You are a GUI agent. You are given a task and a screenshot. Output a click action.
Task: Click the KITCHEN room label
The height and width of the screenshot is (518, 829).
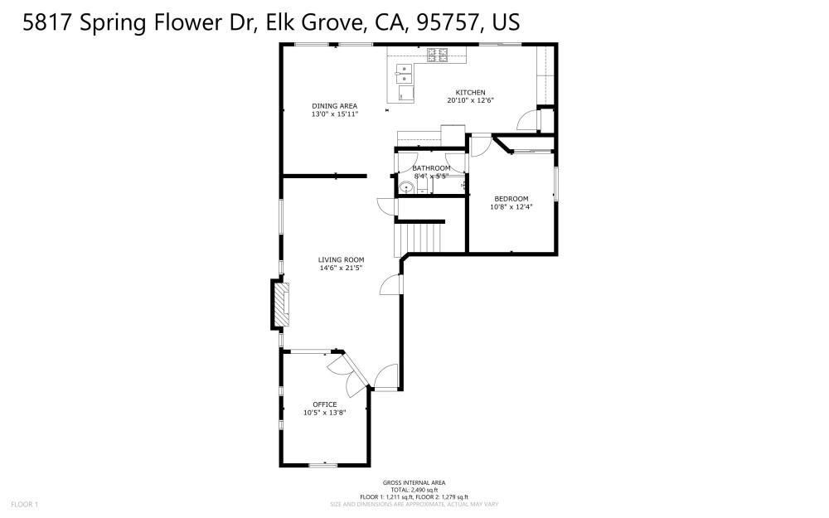click(470, 92)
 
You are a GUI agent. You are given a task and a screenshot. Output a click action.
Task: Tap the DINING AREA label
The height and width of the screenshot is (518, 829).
click(334, 105)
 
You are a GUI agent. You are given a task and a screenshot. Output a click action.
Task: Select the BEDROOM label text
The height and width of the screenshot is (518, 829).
click(511, 198)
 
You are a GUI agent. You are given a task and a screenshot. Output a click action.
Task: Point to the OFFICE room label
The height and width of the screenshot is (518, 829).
click(324, 404)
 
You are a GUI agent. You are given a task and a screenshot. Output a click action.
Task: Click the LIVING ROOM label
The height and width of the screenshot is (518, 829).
click(341, 259)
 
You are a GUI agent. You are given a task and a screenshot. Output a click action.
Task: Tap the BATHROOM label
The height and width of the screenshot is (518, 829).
click(431, 168)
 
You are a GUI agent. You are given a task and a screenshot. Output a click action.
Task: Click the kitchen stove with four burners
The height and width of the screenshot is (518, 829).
click(437, 55)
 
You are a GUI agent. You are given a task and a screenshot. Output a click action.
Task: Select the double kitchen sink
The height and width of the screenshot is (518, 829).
click(403, 74)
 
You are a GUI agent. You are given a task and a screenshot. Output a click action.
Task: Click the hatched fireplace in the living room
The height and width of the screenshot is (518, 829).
click(283, 305)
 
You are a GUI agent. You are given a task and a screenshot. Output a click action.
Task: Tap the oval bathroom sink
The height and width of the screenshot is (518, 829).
click(405, 188)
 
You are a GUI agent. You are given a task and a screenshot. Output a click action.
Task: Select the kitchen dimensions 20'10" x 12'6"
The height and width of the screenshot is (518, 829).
click(470, 100)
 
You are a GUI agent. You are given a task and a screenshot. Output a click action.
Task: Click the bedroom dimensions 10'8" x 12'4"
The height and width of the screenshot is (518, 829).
click(511, 206)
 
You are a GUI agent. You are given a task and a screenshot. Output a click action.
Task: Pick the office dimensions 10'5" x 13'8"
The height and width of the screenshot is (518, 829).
click(324, 413)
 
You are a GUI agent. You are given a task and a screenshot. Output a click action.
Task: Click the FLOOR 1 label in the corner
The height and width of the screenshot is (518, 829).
click(24, 504)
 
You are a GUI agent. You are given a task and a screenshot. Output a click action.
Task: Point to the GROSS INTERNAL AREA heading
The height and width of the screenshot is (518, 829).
click(414, 482)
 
